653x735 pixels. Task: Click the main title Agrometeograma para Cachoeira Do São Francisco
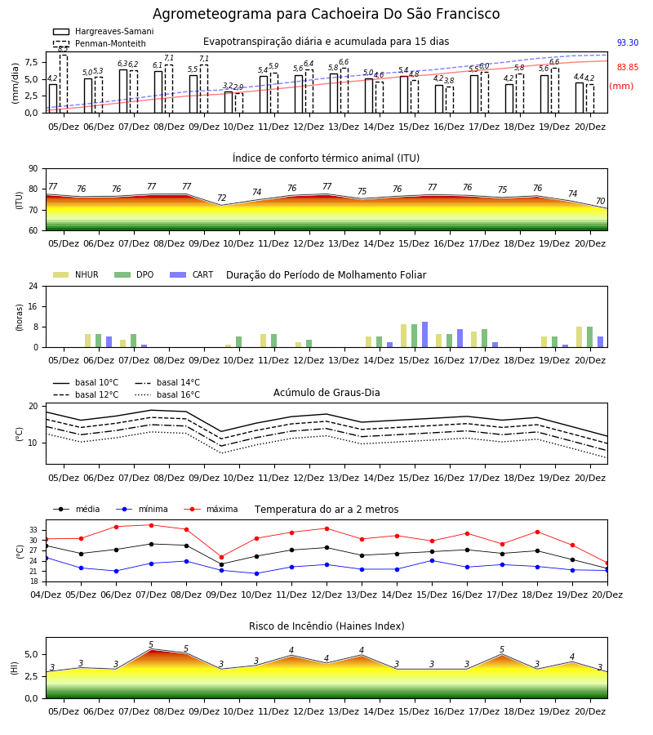pos(326,14)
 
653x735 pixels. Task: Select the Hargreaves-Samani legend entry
pos(103,31)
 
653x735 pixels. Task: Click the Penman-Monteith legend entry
pos(100,43)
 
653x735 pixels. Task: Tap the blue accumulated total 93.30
pos(628,42)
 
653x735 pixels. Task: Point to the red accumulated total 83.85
pos(628,67)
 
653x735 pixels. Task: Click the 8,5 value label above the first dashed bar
pos(63,49)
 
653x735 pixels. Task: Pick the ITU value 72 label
pos(221,198)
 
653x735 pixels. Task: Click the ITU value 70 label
pos(600,201)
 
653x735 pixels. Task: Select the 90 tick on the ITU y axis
pos(33,169)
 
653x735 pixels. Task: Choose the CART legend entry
pos(191,274)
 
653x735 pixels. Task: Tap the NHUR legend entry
pos(76,274)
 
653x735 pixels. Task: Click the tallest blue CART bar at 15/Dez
pos(425,335)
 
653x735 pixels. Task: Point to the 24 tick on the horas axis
pos(33,286)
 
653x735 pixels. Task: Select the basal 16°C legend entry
pos(167,394)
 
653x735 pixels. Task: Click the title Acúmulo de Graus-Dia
pos(326,392)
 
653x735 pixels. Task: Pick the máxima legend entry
pos(211,509)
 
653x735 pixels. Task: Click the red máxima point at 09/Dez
pos(221,557)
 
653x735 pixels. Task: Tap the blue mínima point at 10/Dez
pos(256,573)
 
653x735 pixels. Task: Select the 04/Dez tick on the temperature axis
pos(46,595)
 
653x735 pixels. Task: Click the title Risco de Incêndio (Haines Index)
pos(326,626)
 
